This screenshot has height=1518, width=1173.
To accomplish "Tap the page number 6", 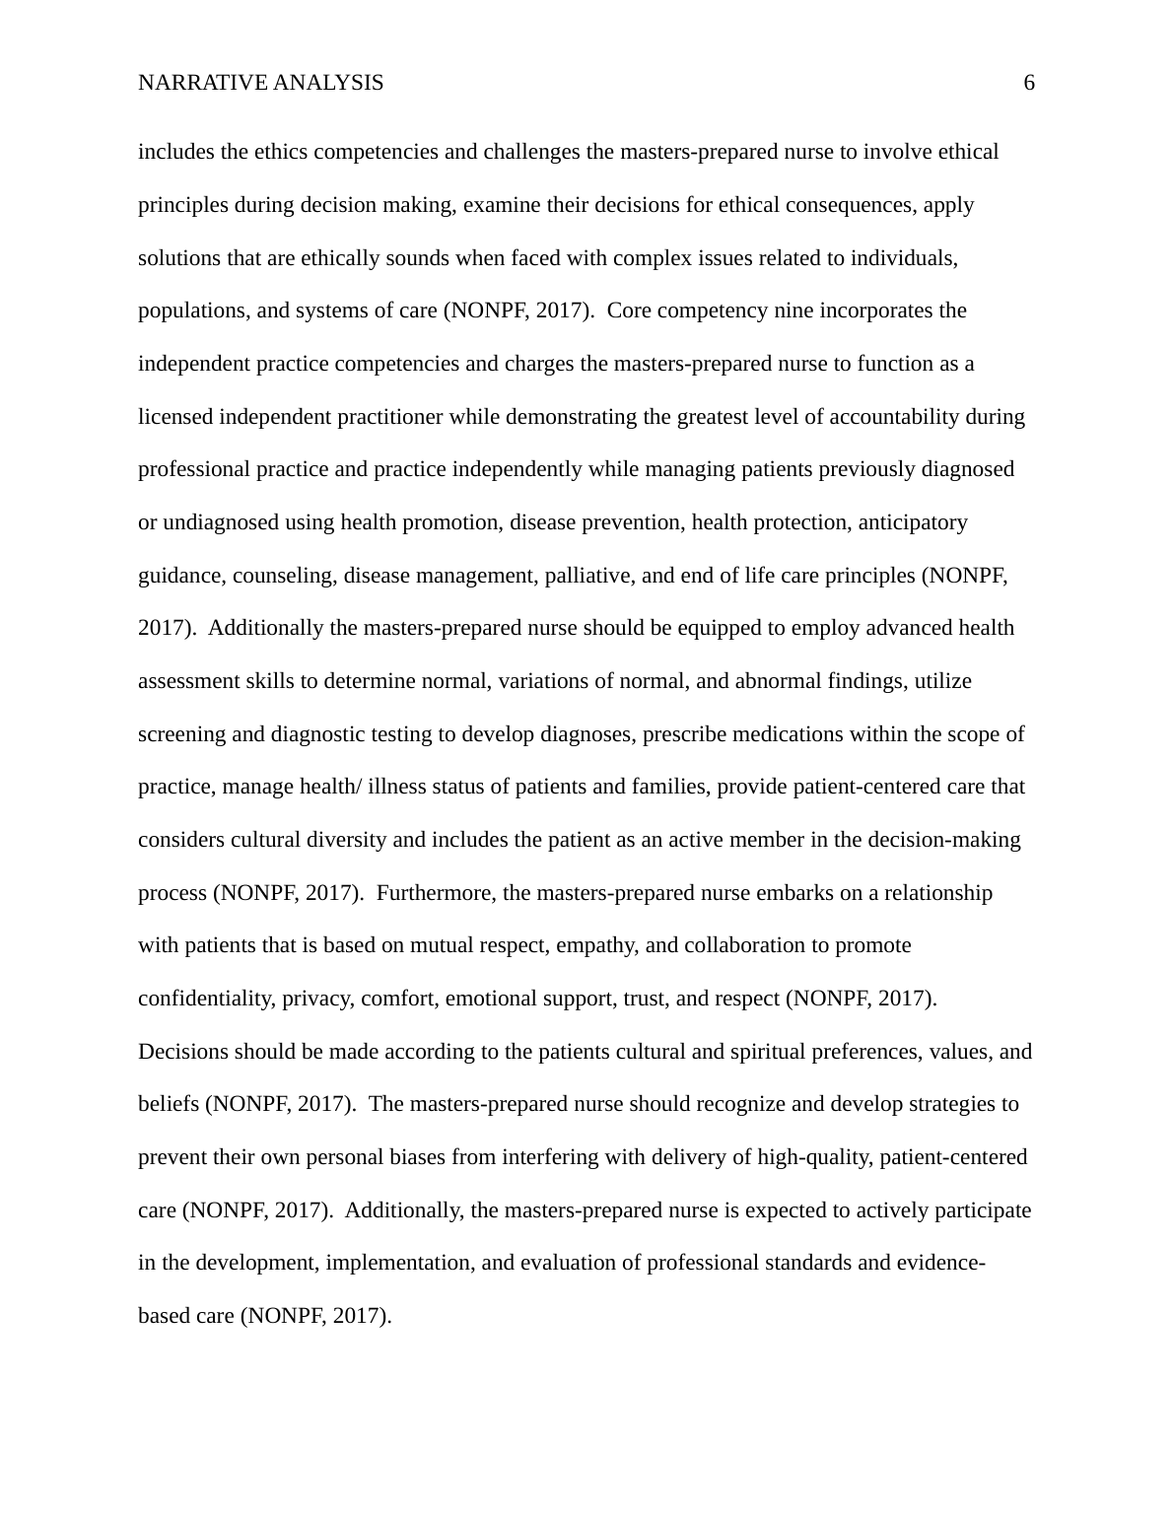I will (x=1029, y=83).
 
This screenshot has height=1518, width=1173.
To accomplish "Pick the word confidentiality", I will (x=207, y=999).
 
